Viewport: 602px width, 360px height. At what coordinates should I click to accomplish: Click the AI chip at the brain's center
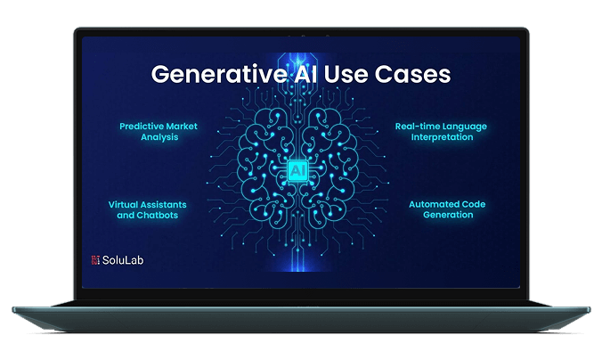[300, 168]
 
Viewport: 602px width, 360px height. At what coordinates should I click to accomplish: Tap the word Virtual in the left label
[125, 204]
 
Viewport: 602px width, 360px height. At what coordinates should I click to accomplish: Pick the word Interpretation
[441, 137]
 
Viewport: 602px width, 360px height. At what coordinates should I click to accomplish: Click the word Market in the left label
[180, 127]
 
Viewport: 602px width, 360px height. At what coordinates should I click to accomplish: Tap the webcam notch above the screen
[300, 36]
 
